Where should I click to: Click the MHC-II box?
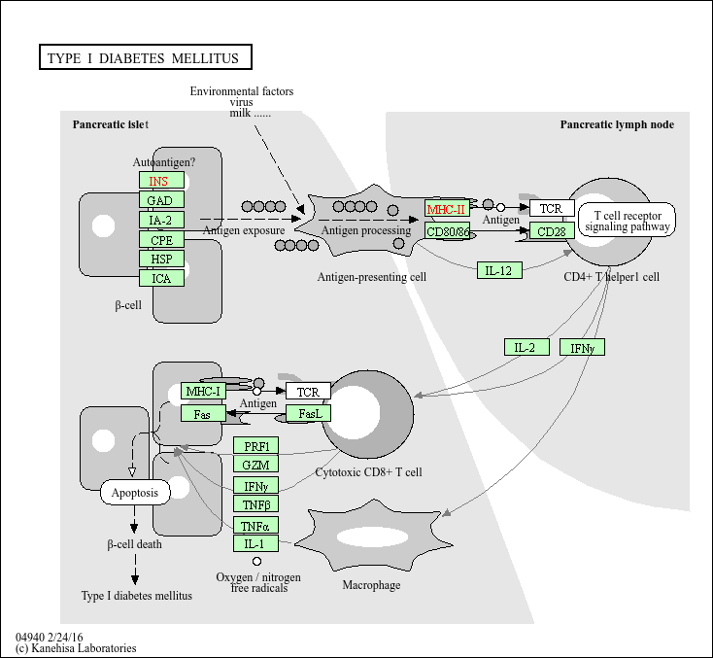447,209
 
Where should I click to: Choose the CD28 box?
552,231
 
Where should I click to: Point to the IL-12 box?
499,269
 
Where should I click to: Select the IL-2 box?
526,347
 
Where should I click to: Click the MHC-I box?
203,392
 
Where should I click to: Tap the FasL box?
309,414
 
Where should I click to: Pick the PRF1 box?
256,445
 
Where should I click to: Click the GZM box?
256,465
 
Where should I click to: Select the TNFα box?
256,525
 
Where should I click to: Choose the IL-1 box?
256,544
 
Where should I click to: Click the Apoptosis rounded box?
135,493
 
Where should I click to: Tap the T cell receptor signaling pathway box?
627,221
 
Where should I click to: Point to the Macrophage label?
371,585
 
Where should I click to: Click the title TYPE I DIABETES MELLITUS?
143,58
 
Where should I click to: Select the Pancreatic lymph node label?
617,124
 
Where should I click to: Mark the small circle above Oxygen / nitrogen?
256,562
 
